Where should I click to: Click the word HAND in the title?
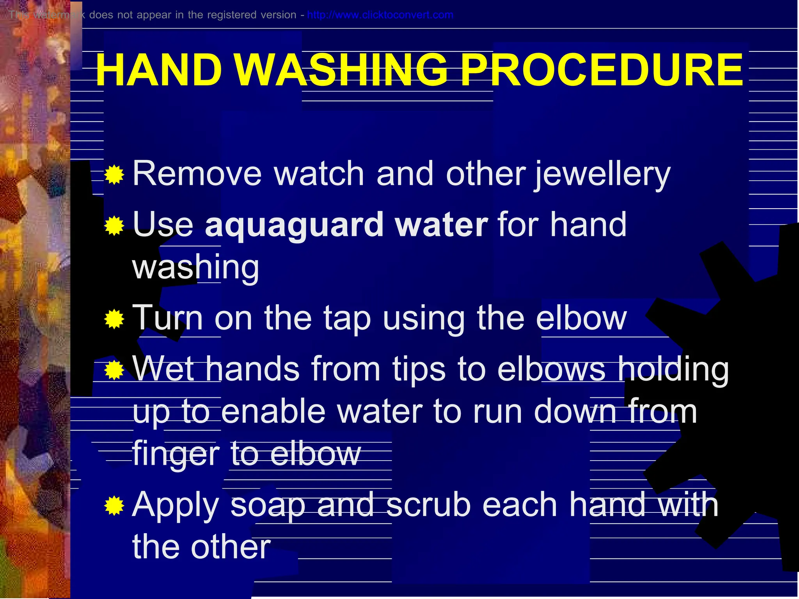159,70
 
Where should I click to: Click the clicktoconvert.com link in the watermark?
380,15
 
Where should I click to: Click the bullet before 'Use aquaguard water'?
114,226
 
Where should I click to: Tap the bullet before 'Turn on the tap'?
114,319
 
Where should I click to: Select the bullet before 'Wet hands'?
114,370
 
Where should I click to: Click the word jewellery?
603,174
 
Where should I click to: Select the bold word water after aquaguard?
441,225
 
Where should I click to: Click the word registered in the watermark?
231,15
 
